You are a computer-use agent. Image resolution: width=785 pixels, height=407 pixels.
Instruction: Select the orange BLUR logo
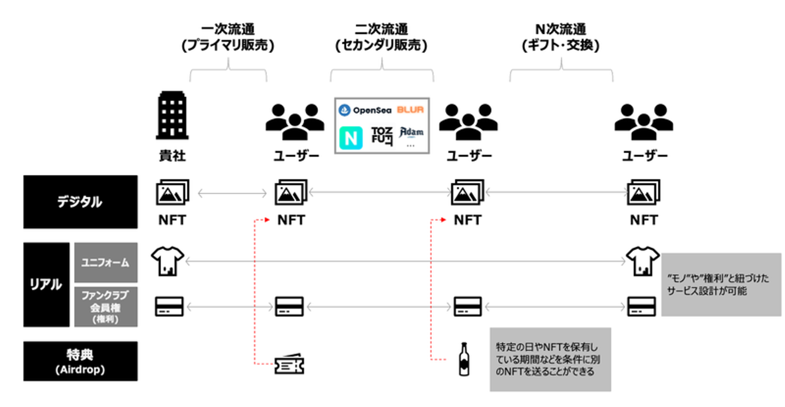(410, 110)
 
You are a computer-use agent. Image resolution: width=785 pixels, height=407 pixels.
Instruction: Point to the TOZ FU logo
(382, 136)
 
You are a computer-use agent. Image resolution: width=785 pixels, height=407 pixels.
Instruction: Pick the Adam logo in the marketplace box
(412, 132)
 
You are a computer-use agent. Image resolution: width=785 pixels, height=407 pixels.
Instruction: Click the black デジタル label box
(80, 202)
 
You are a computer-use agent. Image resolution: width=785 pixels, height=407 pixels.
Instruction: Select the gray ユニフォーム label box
(105, 262)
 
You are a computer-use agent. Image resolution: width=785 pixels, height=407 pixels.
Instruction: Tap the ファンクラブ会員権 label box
(105, 306)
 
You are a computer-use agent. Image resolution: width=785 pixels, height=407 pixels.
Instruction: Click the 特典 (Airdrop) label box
(80, 361)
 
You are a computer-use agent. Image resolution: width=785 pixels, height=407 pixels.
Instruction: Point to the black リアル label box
(46, 284)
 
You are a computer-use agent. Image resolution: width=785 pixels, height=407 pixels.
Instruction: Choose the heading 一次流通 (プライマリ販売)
(228, 38)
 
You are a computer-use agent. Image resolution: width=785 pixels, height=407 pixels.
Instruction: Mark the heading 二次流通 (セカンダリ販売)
(381, 38)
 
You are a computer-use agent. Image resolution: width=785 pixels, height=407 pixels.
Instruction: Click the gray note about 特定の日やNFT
(550, 359)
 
